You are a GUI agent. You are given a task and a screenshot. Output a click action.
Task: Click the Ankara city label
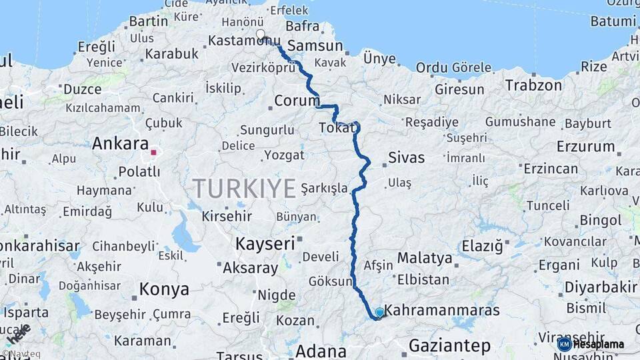[x=120, y=143]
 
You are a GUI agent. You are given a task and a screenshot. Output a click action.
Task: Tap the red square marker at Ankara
[x=153, y=153]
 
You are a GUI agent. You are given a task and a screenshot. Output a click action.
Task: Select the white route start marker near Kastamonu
[x=260, y=34]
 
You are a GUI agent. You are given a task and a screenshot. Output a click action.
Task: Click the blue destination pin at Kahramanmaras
[x=379, y=312]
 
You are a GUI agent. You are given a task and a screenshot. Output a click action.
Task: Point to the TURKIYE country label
[x=244, y=189]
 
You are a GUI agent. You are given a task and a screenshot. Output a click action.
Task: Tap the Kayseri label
[x=265, y=244]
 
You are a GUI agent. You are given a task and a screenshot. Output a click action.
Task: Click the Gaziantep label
[x=449, y=345]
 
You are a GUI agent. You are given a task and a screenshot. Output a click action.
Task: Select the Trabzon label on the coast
[x=533, y=85]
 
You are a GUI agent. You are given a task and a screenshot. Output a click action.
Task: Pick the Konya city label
[x=164, y=289]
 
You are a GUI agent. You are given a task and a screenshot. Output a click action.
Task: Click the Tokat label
[x=337, y=127]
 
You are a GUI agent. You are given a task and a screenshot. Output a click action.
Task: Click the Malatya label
[x=424, y=257]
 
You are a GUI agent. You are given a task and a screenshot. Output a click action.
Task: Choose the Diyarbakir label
[x=601, y=287]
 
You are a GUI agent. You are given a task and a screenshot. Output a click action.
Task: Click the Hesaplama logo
[x=591, y=344]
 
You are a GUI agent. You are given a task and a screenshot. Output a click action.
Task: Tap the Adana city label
[x=321, y=351]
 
